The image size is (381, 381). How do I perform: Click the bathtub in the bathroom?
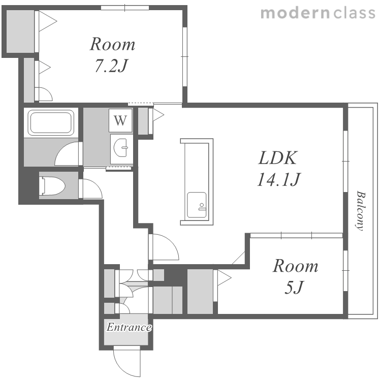click(x=51, y=122)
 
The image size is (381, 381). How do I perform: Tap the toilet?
click(x=52, y=186)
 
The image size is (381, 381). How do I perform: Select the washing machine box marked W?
click(x=120, y=120)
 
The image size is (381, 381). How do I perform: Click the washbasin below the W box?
click(x=120, y=148)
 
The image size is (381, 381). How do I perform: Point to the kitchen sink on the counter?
click(x=197, y=205)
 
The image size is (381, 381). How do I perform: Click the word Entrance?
click(x=129, y=327)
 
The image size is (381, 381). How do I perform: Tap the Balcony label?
click(x=361, y=210)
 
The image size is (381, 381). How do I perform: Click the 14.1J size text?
click(x=279, y=179)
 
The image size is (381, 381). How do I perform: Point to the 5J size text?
click(x=294, y=287)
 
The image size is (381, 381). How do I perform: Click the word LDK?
click(x=277, y=158)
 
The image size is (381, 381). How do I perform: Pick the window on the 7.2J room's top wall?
click(x=125, y=8)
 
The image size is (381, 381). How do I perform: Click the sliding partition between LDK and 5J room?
click(x=297, y=235)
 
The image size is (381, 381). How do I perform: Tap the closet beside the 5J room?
click(x=200, y=292)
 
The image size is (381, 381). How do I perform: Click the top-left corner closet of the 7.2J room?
click(x=20, y=31)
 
